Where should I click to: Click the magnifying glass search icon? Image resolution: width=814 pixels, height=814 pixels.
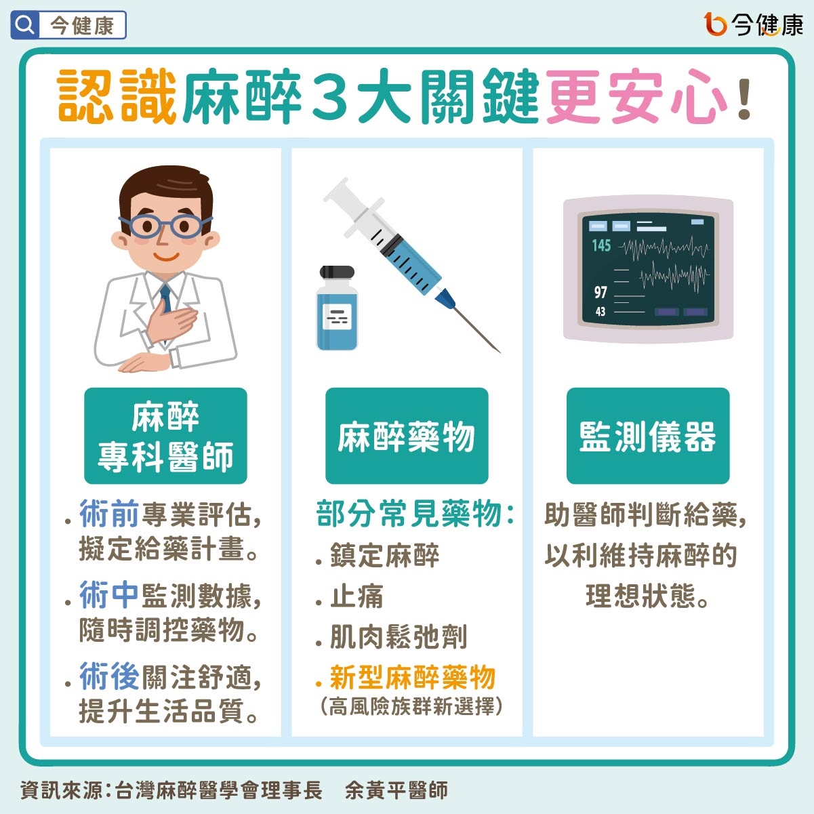(x=25, y=25)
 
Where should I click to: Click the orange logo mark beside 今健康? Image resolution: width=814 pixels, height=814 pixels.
(x=715, y=24)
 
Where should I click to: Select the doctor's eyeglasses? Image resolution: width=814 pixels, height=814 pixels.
(x=165, y=226)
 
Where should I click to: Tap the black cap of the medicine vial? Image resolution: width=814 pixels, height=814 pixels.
(x=337, y=272)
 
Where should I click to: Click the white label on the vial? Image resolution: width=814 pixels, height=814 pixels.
(x=337, y=317)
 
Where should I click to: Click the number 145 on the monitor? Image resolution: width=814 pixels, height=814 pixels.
(x=601, y=245)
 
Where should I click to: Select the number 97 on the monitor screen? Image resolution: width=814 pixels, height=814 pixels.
(x=601, y=292)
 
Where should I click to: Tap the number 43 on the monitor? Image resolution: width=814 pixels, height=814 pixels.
(x=601, y=312)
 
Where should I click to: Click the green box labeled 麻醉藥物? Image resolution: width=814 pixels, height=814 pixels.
(x=407, y=436)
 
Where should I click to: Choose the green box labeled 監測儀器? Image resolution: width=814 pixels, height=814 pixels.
(x=647, y=436)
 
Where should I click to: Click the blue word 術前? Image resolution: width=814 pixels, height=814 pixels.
(x=109, y=514)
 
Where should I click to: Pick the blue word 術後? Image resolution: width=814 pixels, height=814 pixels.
(x=109, y=676)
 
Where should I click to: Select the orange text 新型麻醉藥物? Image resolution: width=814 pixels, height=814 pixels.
(x=412, y=677)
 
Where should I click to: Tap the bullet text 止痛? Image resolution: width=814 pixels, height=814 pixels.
(x=357, y=596)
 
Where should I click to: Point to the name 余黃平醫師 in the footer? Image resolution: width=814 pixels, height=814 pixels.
(x=396, y=790)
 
